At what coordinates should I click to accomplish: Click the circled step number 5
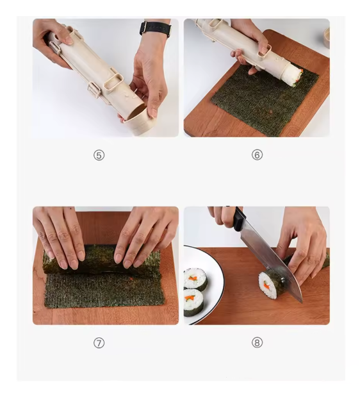tap(99, 155)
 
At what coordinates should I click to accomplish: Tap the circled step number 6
tap(257, 155)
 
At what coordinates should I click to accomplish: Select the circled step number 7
tap(99, 342)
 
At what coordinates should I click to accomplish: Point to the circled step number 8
tap(257, 342)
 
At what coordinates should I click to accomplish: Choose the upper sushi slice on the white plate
tap(195, 280)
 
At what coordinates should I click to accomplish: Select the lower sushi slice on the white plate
tap(193, 302)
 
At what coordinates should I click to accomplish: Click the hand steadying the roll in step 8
tap(304, 238)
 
